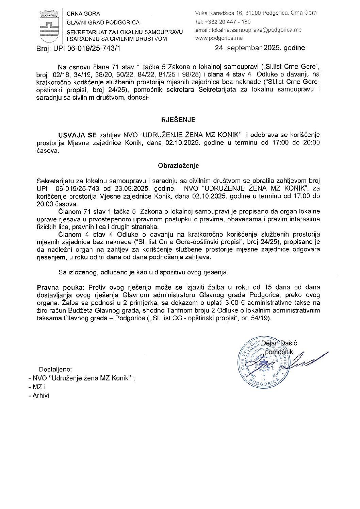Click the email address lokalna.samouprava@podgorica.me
pyautogui.click(x=248, y=30)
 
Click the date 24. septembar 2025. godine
pyautogui.click(x=260, y=48)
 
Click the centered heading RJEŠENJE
pyautogui.click(x=178, y=120)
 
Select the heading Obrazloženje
pyautogui.click(x=178, y=166)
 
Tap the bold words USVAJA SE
pyautogui.click(x=78, y=135)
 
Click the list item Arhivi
pyautogui.click(x=41, y=395)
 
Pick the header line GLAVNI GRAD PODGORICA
pyautogui.click(x=103, y=22)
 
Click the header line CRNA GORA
pyautogui.click(x=83, y=14)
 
